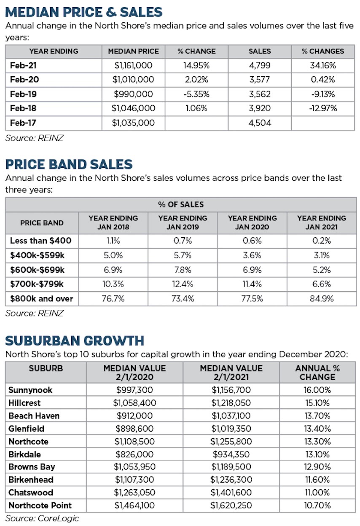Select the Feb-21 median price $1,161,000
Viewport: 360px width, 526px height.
[x=133, y=65]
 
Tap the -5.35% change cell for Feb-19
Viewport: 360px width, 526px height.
[x=196, y=94]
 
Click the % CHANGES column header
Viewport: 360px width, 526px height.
[x=322, y=51]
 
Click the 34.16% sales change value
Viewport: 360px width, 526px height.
[x=323, y=65]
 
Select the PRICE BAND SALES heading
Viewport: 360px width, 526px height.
[x=69, y=164]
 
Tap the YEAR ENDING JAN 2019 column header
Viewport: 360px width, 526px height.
[x=183, y=223]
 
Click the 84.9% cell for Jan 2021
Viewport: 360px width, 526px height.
[x=321, y=299]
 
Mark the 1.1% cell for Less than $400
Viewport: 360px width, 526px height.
[x=113, y=241]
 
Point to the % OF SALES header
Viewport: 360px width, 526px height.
[x=181, y=204]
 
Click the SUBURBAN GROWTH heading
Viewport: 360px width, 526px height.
[x=75, y=340]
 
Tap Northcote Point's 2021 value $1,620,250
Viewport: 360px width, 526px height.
[x=231, y=505]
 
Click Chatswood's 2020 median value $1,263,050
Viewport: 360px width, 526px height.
[x=134, y=493]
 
